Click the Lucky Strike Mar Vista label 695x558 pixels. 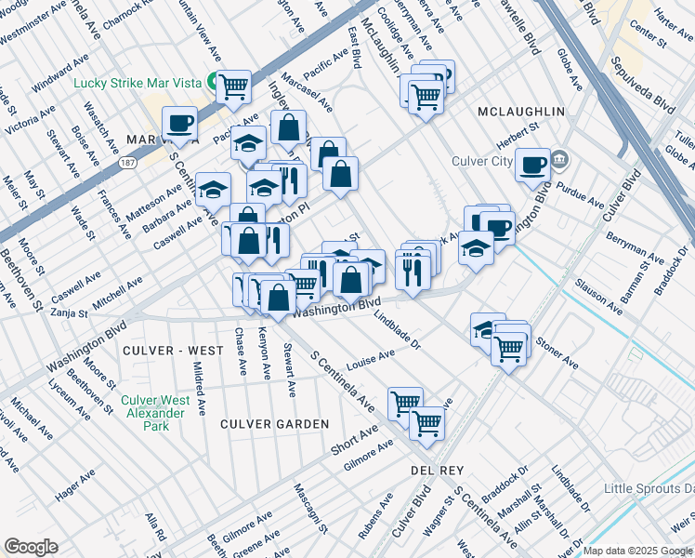pos(138,83)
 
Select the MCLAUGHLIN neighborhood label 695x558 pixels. pos(520,112)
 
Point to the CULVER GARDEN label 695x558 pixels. pos(274,424)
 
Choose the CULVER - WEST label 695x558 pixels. pos(172,350)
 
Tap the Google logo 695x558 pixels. pos(32,547)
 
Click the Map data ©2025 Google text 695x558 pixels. pos(637,551)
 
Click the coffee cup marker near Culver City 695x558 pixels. pos(532,166)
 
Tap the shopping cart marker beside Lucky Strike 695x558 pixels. pos(234,87)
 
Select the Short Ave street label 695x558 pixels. pos(355,438)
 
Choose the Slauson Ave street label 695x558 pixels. pos(597,292)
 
